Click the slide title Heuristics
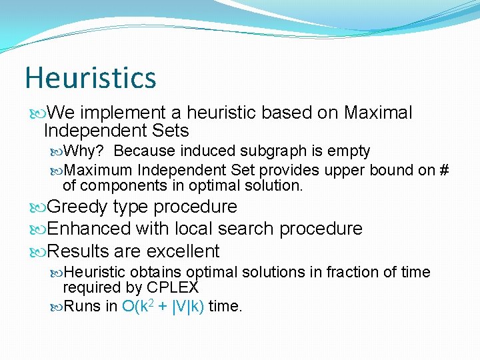(x=91, y=77)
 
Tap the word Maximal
(x=378, y=113)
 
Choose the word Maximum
(x=100, y=170)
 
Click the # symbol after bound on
(x=444, y=170)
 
